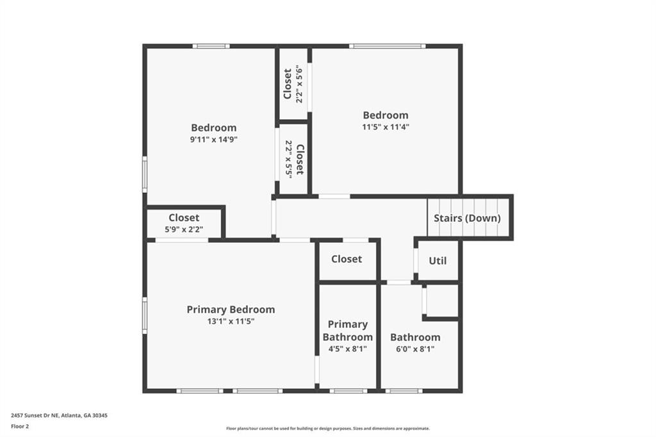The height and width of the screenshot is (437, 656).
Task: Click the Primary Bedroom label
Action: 231,309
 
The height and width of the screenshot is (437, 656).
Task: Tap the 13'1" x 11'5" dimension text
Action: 231,322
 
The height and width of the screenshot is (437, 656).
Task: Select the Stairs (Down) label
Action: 467,218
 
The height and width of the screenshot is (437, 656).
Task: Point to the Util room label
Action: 438,261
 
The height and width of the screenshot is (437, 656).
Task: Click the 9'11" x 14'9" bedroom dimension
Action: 214,140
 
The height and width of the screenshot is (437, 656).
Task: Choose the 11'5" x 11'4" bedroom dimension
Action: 385,127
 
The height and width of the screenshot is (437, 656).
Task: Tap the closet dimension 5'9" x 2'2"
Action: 184,229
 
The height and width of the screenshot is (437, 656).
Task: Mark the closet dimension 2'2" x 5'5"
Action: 289,159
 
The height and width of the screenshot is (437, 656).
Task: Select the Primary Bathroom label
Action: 348,331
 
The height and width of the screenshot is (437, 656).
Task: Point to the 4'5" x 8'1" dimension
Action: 348,349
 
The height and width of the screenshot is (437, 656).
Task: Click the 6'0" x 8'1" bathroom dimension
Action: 415,349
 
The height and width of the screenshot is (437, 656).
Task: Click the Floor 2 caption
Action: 20,427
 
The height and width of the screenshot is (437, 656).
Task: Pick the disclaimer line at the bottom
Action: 328,428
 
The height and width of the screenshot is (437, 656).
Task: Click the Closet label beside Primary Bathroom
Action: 347,259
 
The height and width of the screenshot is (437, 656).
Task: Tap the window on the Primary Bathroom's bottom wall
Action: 348,391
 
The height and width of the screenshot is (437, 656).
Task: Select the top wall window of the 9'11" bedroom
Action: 211,46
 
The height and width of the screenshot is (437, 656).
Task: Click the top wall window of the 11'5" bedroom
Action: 388,46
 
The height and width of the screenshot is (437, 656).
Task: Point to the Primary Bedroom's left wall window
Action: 145,315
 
